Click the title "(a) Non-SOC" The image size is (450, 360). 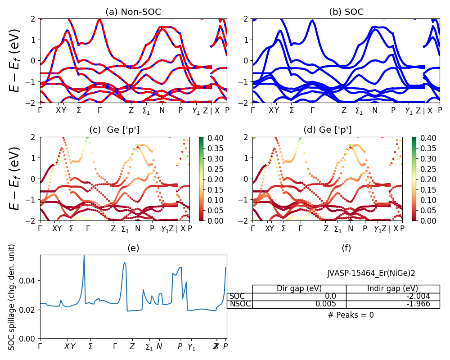pos(133,12)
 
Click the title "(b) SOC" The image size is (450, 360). pos(346,12)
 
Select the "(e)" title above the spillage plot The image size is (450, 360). pos(133,248)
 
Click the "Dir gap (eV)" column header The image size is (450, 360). pos(299,289)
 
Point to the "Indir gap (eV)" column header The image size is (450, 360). pos(393,289)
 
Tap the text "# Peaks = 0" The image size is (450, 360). pos(351,315)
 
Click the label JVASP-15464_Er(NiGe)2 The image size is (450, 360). pos(371,273)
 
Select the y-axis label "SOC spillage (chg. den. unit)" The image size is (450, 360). pos(12,297)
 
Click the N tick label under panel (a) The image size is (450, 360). pos(162,111)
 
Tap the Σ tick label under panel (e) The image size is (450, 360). pos(90,347)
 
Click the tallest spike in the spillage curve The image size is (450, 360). pos(84,256)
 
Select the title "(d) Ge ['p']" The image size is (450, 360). pos(327,130)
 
